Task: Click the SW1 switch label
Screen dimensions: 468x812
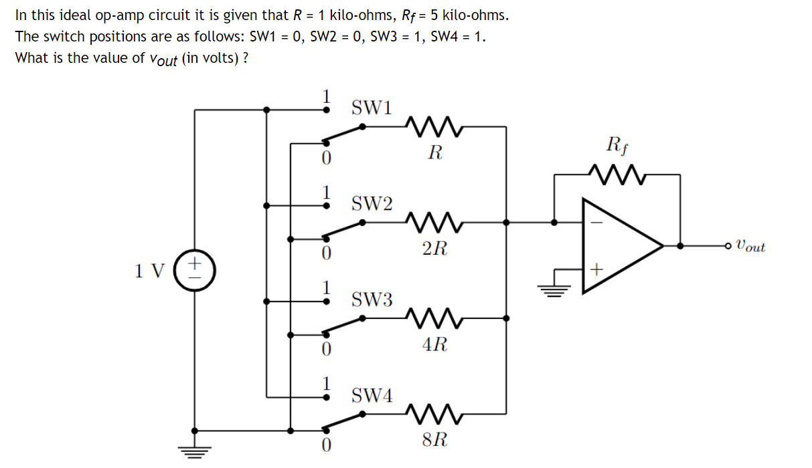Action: (x=373, y=107)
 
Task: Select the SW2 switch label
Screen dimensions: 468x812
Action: (x=373, y=203)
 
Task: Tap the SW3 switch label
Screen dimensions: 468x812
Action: (x=373, y=299)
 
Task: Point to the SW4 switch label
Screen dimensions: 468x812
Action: (x=373, y=395)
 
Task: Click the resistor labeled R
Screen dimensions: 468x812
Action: (x=434, y=125)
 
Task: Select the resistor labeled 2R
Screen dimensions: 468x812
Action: (x=434, y=221)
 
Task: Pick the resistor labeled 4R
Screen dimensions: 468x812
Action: (x=434, y=318)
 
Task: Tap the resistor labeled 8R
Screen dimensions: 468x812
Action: (x=434, y=414)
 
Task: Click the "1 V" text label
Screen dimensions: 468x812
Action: (x=149, y=271)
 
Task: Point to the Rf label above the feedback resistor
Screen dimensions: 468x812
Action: (x=616, y=144)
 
